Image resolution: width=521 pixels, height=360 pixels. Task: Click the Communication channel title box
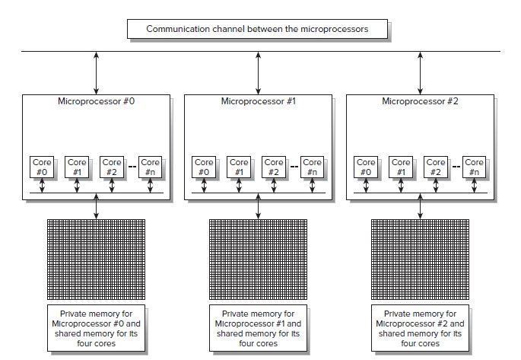(257, 30)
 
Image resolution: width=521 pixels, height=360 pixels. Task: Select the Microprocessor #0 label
(96, 100)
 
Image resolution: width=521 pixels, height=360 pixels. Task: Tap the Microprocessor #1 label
(258, 100)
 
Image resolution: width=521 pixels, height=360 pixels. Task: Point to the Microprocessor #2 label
(420, 100)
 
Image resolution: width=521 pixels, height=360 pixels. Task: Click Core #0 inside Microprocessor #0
(42, 167)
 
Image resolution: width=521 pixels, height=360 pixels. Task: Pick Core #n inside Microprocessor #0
(151, 167)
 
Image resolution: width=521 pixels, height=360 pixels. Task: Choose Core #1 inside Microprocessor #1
(239, 167)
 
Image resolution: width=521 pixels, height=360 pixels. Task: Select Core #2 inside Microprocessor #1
(274, 167)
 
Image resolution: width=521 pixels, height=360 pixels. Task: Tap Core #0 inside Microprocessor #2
(366, 167)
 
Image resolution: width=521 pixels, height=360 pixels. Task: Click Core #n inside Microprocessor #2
(474, 167)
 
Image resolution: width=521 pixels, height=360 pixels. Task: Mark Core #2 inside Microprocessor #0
(112, 167)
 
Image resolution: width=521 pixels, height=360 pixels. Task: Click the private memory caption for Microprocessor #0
(96, 327)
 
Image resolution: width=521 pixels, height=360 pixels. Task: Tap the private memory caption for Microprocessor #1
(258, 327)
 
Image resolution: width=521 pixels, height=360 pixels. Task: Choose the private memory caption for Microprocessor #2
(420, 327)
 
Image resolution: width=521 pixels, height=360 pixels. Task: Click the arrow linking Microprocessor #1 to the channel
(259, 72)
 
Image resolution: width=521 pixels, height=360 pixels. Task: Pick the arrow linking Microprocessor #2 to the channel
(421, 72)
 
